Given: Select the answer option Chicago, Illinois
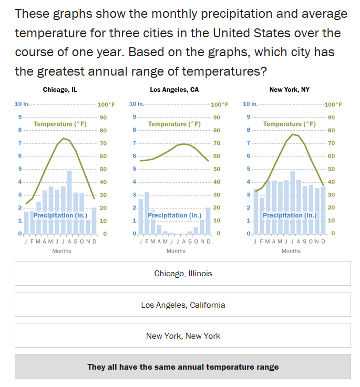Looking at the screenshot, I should click(x=183, y=274).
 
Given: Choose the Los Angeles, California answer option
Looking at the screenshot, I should click(x=183, y=305).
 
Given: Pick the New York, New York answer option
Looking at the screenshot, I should click(x=183, y=336).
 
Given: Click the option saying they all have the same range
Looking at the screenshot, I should click(x=183, y=367).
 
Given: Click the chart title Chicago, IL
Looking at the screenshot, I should click(x=60, y=90).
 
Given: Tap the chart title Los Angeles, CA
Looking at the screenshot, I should click(x=174, y=90).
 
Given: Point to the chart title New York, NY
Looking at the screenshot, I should click(x=290, y=90).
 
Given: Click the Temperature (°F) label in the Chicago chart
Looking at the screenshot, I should click(x=60, y=124).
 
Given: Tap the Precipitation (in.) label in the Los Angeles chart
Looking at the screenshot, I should click(x=174, y=215).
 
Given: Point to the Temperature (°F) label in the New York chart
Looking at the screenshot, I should click(x=290, y=124).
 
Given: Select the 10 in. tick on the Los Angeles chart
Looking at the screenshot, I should click(x=136, y=104).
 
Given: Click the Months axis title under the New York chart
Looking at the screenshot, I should click(x=291, y=251).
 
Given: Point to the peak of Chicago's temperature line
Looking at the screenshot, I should click(x=64, y=138).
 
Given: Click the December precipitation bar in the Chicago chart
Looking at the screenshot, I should click(x=94, y=221).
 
